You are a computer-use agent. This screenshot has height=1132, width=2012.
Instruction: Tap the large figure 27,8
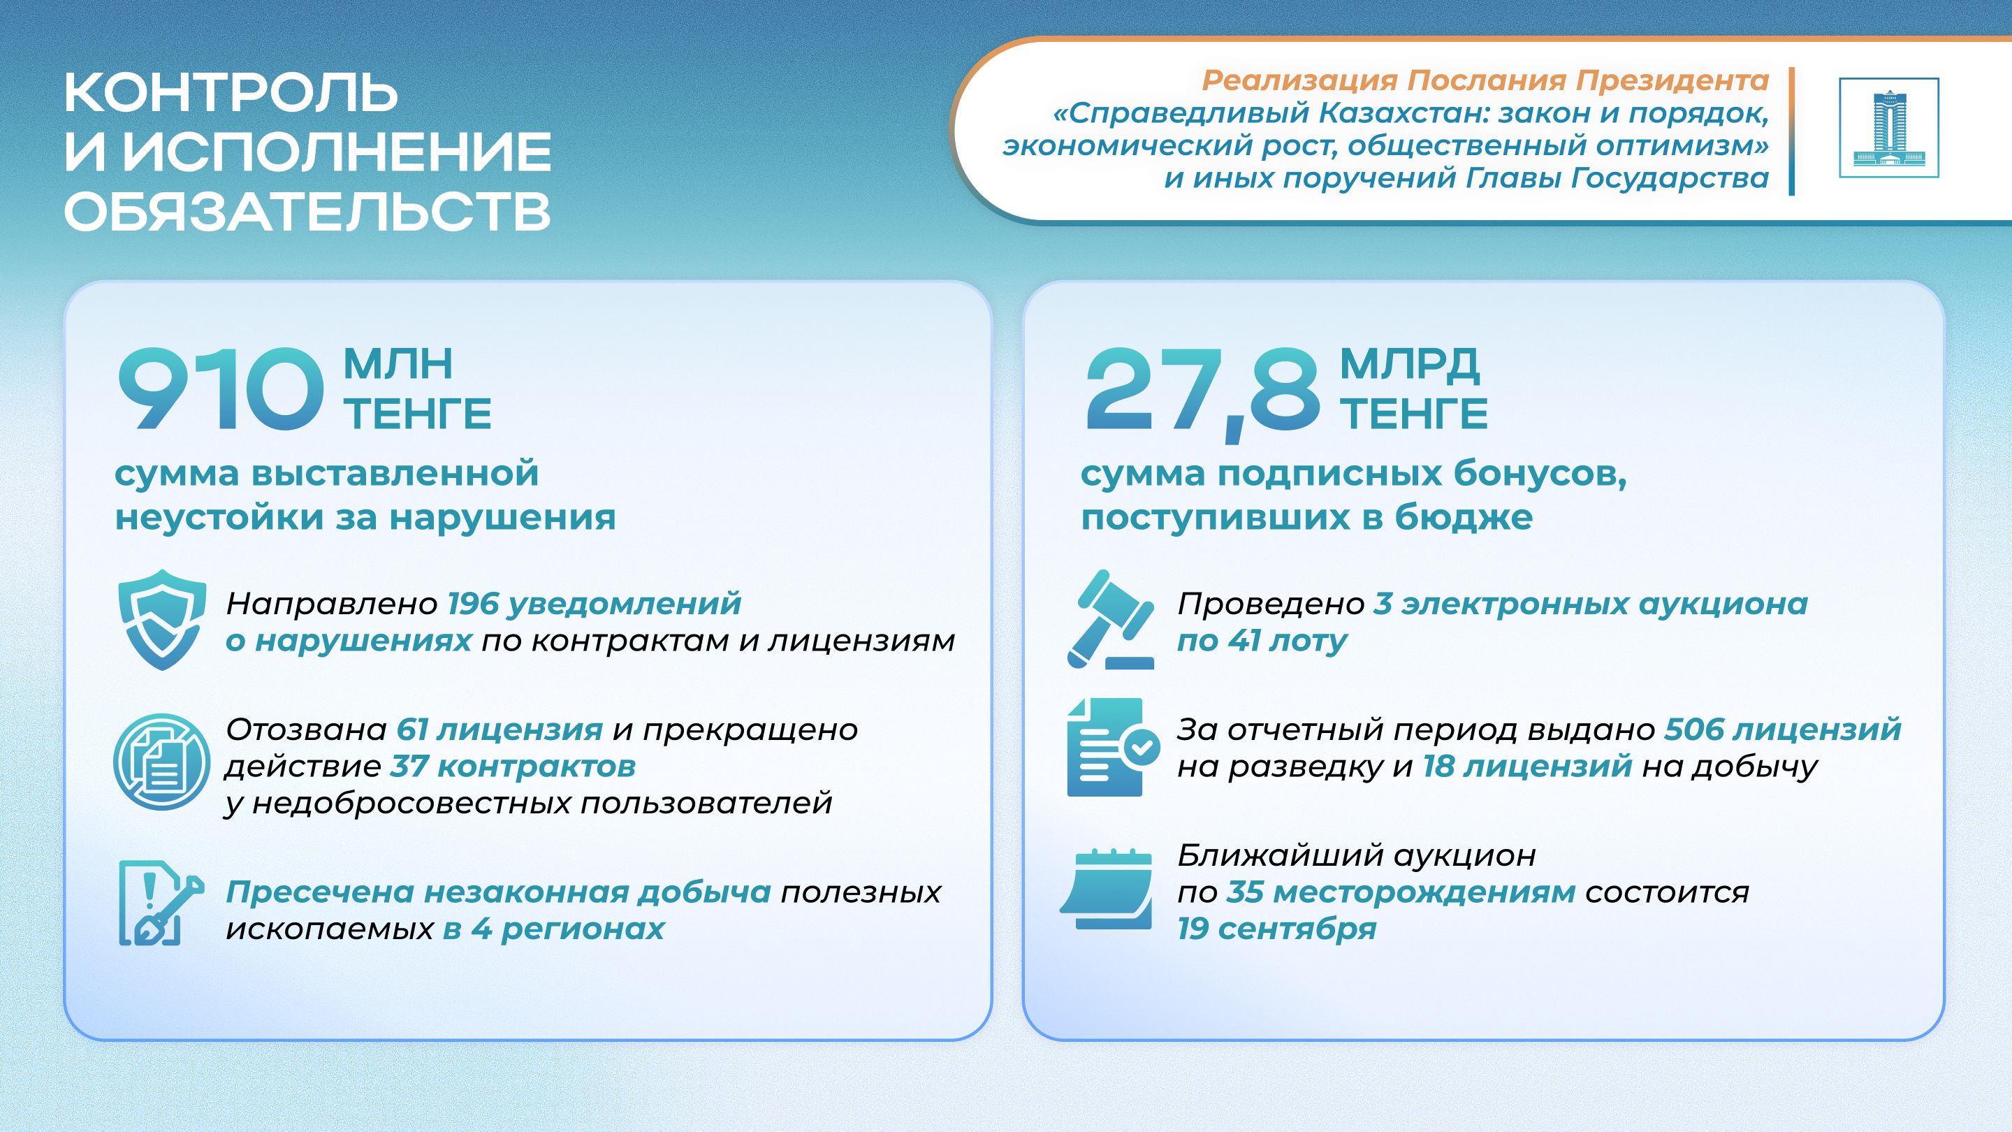tap(1203, 393)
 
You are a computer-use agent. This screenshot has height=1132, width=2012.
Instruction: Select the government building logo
tap(1888, 127)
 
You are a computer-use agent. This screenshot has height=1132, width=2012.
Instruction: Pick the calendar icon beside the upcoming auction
tap(1107, 888)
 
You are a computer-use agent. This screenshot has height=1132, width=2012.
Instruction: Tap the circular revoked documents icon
tap(161, 762)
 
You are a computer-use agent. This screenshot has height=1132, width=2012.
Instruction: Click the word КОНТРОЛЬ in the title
tap(231, 92)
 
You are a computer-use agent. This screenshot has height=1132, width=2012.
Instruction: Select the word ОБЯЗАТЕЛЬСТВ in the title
tap(307, 211)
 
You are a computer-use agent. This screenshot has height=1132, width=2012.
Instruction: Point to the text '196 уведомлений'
tap(595, 603)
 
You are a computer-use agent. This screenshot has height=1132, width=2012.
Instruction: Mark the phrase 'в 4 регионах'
tap(554, 929)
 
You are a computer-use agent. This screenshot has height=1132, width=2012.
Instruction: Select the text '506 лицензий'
tap(1783, 730)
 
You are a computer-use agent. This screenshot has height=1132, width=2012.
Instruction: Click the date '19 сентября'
tap(1277, 929)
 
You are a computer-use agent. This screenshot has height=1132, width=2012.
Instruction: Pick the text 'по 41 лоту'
tap(1262, 641)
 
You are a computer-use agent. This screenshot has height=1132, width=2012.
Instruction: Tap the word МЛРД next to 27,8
tap(1410, 364)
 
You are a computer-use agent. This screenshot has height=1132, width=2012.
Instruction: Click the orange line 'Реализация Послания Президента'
tap(1485, 80)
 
